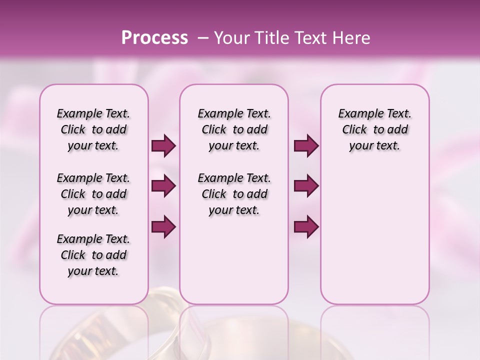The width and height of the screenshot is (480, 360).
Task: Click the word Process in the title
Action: [x=154, y=38]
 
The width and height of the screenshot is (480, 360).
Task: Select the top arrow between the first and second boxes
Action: [x=163, y=146]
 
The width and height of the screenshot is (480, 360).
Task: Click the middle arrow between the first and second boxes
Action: [x=163, y=186]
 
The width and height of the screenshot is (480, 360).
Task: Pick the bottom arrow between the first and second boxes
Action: [x=163, y=226]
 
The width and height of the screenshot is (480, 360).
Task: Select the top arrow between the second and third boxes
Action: [x=306, y=146]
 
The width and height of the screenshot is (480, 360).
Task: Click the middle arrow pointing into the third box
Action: [x=306, y=186]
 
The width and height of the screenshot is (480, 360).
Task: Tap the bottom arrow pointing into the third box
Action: [x=306, y=226]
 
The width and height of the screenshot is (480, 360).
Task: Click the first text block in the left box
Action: [x=93, y=129]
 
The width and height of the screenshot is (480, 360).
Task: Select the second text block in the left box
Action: [x=93, y=194]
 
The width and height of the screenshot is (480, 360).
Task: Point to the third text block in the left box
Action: [x=93, y=255]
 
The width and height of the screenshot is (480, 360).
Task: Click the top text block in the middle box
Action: [x=234, y=129]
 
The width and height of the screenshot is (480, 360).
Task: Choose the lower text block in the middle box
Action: [x=234, y=194]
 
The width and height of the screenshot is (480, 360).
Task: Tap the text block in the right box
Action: [x=375, y=129]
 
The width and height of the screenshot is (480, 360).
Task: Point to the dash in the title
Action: [x=203, y=38]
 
